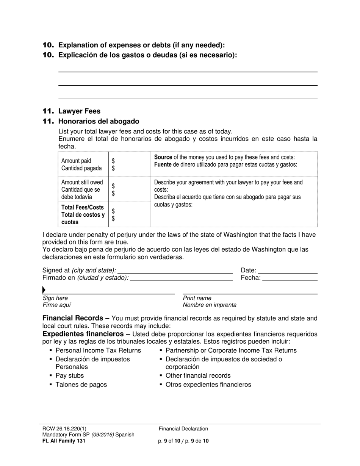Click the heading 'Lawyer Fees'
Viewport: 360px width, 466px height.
pos(79,111)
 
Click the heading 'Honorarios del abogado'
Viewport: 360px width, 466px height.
pos(99,121)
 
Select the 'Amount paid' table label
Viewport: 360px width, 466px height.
pos(76,161)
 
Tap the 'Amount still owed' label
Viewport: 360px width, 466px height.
pos(82,182)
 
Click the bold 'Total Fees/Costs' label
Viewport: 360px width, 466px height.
pos(82,207)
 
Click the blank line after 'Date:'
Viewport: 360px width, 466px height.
pos(288,271)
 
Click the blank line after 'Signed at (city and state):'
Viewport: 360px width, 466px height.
pos(175,271)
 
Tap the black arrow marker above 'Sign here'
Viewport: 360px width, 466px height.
pos(44,290)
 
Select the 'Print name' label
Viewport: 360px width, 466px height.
pos(197,298)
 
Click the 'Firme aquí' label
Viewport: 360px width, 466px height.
pos(56,305)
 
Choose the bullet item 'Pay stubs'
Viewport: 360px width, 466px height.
pos(70,375)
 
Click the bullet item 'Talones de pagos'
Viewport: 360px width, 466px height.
pos(81,385)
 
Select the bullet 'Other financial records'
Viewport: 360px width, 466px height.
pos(198,375)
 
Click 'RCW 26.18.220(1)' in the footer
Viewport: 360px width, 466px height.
pos(67,429)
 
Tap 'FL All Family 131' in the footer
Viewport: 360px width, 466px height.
pos(64,441)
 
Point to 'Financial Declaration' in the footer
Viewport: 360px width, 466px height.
pos(183,429)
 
